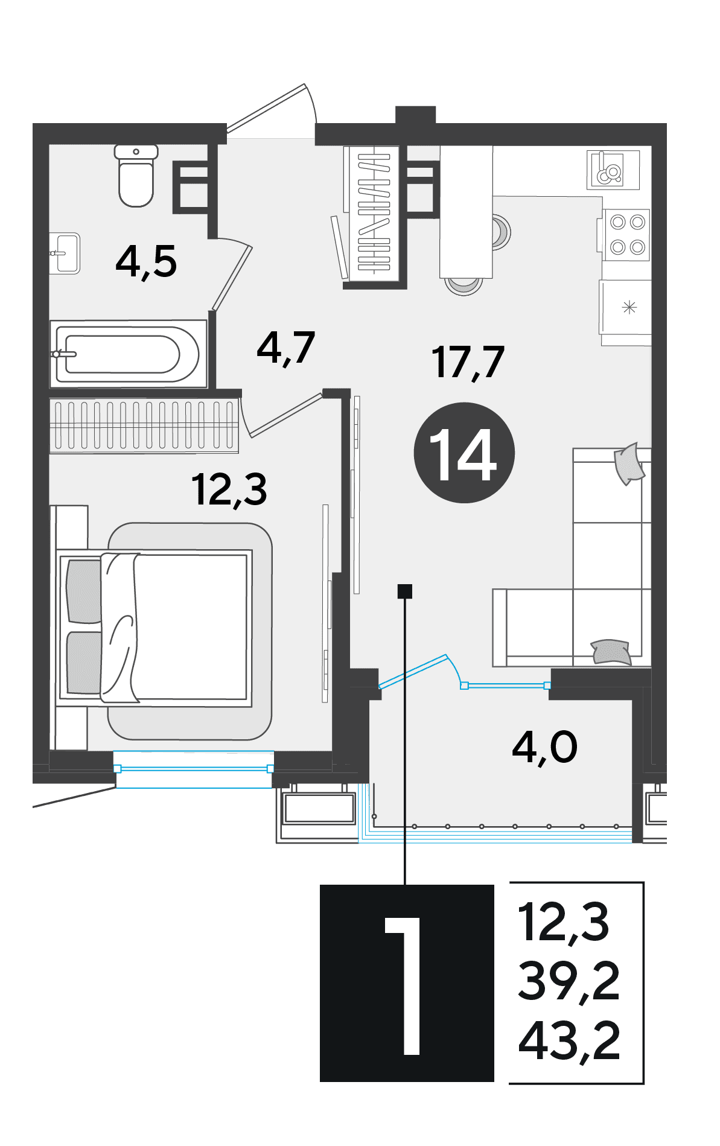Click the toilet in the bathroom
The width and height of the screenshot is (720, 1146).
[136, 176]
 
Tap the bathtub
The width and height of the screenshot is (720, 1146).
[128, 354]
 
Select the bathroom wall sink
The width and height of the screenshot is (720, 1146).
[65, 253]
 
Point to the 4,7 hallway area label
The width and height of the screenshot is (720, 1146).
[285, 348]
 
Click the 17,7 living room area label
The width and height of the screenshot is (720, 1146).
[468, 363]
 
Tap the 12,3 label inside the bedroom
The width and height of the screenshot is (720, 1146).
[229, 489]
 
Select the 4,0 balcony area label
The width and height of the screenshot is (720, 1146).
[544, 748]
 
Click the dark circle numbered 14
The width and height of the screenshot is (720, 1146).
[464, 453]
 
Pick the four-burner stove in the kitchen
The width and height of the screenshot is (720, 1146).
[626, 235]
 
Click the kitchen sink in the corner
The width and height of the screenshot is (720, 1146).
[613, 170]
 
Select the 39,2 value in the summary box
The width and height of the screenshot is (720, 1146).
[569, 982]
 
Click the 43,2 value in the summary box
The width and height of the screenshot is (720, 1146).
[569, 1042]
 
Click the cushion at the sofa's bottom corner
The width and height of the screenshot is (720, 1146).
[611, 652]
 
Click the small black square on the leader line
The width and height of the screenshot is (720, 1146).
[405, 591]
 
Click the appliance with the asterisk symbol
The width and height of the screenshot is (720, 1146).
[626, 308]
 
